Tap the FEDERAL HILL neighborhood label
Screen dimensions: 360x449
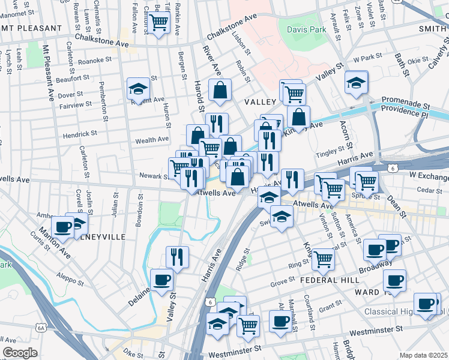tap(333, 280)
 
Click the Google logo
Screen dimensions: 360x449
tap(20, 353)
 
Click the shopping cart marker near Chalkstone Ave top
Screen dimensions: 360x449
tap(159, 23)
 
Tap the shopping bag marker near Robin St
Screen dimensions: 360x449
tap(220, 91)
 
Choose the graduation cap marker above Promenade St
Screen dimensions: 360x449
tap(357, 82)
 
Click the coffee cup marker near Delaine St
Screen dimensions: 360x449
tap(161, 280)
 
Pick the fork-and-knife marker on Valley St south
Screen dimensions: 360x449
tap(177, 257)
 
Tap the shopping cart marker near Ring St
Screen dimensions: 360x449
tap(323, 259)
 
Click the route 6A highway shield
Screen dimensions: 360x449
tap(41, 328)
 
